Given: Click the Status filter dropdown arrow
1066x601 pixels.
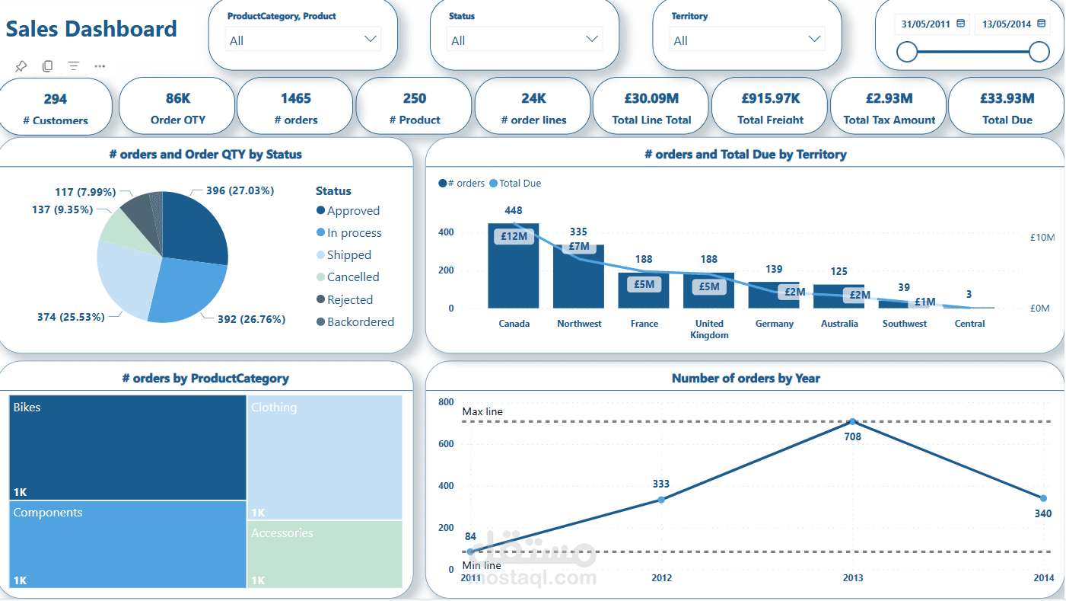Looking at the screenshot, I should (x=592, y=39).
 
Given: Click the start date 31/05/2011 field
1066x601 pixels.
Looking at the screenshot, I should (x=932, y=24).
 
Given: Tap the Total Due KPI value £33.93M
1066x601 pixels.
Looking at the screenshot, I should (x=1007, y=98).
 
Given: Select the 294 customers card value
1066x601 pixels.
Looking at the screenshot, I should (x=55, y=99).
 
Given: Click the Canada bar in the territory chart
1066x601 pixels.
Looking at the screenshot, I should (x=514, y=267).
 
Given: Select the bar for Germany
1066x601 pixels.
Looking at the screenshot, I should (x=774, y=296).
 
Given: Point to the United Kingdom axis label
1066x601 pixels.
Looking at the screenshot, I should (x=709, y=329).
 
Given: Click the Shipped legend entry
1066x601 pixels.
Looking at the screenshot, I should (x=348, y=255).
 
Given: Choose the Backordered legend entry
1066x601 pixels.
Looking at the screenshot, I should (x=360, y=322).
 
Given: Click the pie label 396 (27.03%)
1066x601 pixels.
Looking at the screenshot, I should (x=240, y=190).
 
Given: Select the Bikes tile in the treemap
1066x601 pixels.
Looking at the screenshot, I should (x=128, y=447).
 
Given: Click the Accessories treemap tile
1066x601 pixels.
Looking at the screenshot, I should (x=324, y=554).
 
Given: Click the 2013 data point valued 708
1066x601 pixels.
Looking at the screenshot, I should (x=852, y=421).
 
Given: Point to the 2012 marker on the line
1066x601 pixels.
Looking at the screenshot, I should (x=661, y=500).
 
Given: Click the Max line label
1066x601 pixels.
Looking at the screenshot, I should (x=482, y=412).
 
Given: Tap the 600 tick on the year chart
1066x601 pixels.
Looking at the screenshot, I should (x=446, y=444).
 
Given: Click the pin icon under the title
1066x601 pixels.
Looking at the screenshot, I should (x=21, y=66).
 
